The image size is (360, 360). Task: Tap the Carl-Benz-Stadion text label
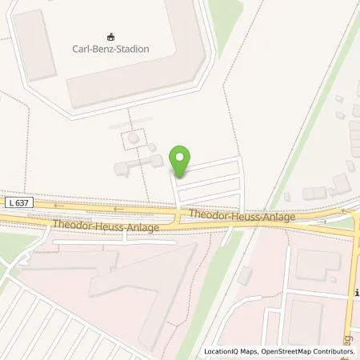(110, 50)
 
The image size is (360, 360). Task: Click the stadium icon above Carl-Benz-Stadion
(110, 37)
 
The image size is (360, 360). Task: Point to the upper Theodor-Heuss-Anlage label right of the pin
(242, 215)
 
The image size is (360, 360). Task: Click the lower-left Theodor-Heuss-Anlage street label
(106, 226)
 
